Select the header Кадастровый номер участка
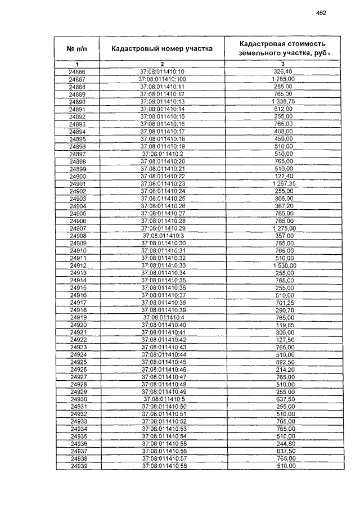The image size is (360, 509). [162, 49]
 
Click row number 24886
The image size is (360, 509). [77, 71]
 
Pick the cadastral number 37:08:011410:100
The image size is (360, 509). [162, 79]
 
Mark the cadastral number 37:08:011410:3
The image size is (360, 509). [163, 236]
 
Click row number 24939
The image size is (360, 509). [77, 466]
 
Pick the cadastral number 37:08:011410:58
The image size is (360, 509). [163, 466]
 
